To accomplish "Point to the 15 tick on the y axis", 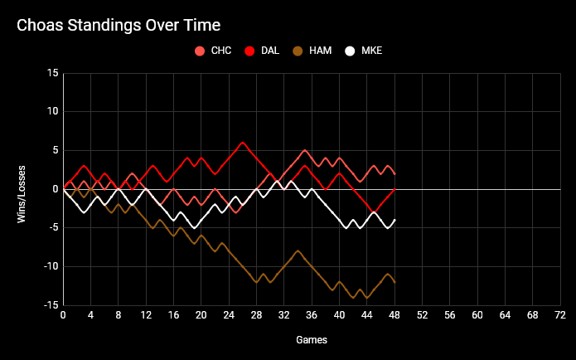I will click(x=53, y=73).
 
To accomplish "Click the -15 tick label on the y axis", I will click(x=51, y=305).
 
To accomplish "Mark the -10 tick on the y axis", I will click(x=51, y=266).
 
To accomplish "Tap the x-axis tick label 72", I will click(x=560, y=315).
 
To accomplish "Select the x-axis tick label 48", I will click(x=394, y=315).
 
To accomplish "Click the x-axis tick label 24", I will click(x=229, y=315).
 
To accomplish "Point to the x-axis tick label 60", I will click(x=477, y=315).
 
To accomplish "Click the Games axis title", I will click(x=312, y=340).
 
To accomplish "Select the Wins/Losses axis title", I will click(x=22, y=189).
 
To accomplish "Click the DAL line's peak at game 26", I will click(x=243, y=143).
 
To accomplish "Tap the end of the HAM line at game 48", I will click(x=394, y=282).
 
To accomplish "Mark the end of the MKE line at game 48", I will click(x=394, y=220).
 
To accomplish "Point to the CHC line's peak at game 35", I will click(x=305, y=150).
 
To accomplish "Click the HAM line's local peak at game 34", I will click(x=298, y=251).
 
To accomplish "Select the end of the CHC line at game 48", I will click(x=394, y=173).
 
